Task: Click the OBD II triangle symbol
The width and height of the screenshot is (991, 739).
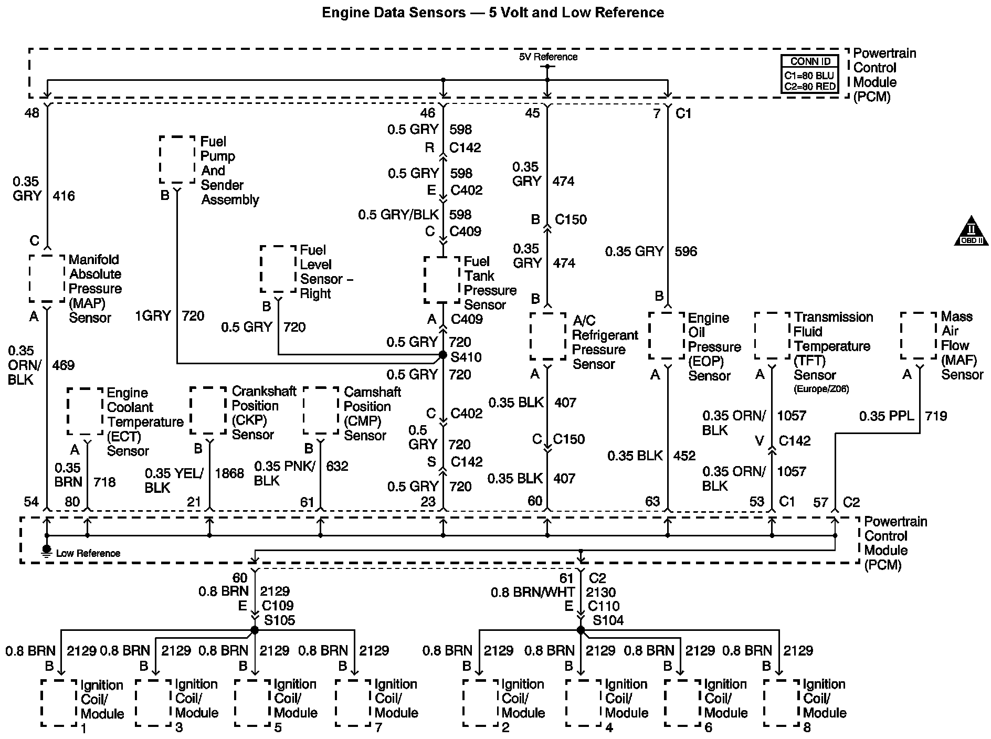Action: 971,232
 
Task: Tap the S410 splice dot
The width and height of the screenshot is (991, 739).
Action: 442,355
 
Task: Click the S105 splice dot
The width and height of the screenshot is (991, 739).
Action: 255,630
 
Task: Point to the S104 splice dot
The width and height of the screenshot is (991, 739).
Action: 581,630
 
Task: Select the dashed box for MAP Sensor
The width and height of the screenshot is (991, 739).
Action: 47,279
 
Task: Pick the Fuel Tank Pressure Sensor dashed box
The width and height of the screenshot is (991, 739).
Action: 442,279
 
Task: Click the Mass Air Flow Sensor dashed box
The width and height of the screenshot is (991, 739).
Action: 919,336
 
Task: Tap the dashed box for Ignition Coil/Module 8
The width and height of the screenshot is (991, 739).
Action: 782,703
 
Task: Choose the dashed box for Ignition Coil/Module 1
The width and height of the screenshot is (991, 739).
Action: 59,703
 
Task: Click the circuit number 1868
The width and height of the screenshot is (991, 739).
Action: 229,473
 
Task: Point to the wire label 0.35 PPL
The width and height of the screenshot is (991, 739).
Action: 887,416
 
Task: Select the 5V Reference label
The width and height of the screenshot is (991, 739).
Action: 548,57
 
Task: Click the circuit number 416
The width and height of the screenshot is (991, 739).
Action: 64,196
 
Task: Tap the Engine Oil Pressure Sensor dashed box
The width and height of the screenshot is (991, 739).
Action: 667,336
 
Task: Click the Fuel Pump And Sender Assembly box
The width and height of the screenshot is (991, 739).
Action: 177,160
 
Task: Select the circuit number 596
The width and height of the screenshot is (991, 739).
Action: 686,251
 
